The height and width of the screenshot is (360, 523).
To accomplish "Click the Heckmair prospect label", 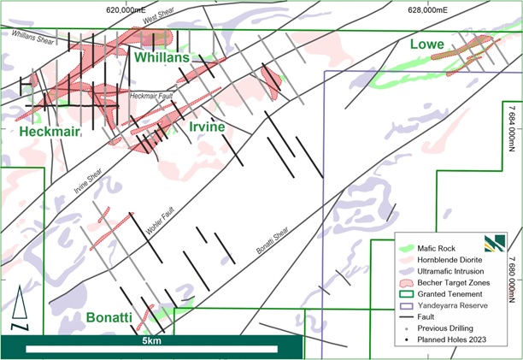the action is point(50,132).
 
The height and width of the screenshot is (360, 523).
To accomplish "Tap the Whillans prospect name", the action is point(162,57).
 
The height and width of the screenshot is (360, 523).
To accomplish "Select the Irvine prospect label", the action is point(207,127).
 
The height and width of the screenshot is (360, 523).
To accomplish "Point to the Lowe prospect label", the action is point(427,44).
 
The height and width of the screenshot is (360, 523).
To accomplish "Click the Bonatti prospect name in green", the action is point(109,317).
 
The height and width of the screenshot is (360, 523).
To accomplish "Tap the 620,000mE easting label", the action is point(126,10).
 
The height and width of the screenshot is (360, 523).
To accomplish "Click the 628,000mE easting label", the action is point(427,10).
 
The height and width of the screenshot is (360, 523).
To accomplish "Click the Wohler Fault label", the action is point(160,221).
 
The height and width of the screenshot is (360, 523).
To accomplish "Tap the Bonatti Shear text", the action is point(273,240).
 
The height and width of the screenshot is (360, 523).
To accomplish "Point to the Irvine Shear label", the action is point(88,181).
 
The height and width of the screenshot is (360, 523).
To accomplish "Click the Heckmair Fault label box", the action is point(151,96).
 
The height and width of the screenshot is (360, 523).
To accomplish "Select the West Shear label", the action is point(158,15).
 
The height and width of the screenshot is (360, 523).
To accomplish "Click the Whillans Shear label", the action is point(32,37).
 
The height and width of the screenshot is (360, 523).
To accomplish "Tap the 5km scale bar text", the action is point(152,340).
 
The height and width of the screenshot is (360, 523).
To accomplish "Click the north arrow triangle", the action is point(20,302).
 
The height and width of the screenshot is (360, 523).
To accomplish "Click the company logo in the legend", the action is point(495,243).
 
